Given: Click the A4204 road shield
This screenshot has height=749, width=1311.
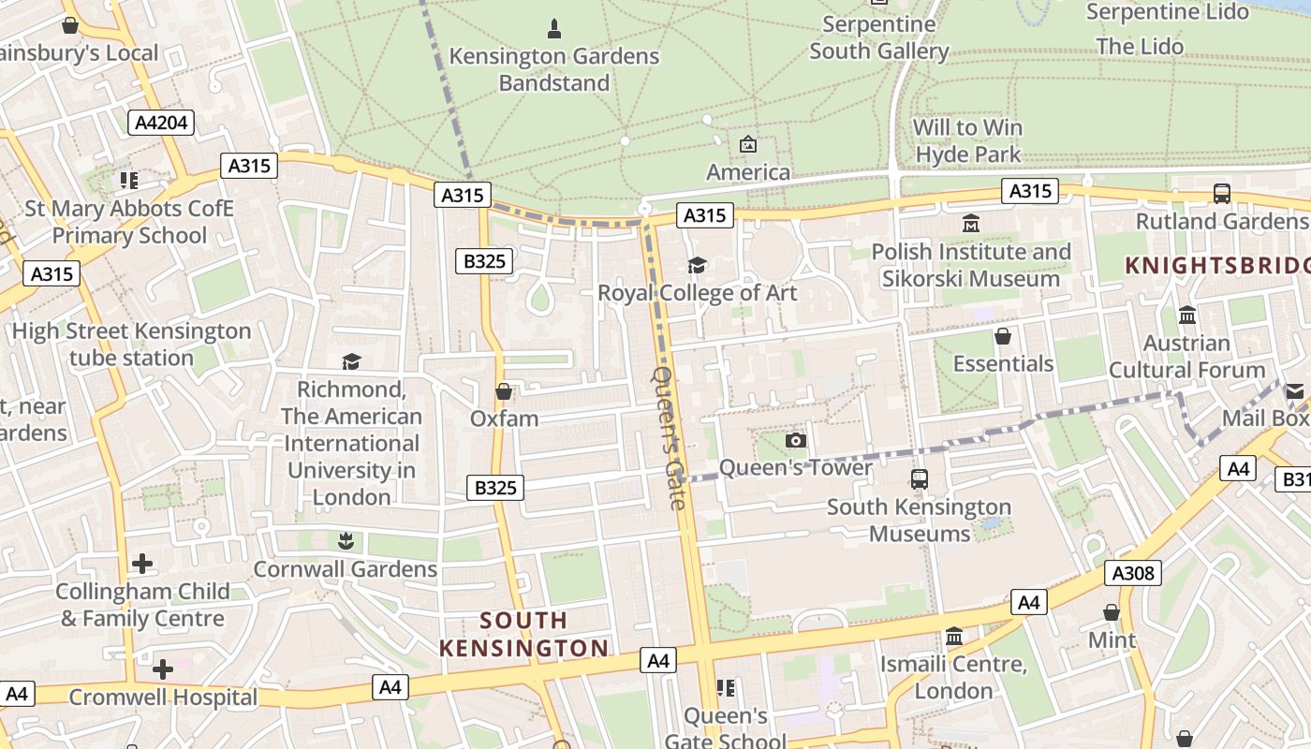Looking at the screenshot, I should [x=161, y=123].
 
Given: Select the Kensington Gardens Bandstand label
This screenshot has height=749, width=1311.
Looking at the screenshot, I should [x=553, y=69].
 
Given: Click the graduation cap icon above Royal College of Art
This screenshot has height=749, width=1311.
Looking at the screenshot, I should [x=697, y=266].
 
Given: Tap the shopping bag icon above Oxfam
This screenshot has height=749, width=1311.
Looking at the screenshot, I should [x=504, y=391].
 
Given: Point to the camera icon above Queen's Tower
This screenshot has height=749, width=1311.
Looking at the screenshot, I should [x=795, y=440].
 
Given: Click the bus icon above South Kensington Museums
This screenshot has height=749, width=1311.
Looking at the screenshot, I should [x=920, y=479].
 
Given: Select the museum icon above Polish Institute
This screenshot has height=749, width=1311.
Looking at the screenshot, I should [x=971, y=224].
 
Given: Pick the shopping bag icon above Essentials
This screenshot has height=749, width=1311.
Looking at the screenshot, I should [x=1003, y=336].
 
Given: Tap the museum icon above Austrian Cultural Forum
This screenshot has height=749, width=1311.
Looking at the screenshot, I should [x=1187, y=316].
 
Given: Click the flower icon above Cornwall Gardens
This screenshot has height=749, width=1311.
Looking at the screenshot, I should [x=346, y=541].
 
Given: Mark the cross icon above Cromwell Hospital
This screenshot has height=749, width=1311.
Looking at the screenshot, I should [x=163, y=669].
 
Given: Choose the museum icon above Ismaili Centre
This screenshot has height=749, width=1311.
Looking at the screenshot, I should [x=954, y=637].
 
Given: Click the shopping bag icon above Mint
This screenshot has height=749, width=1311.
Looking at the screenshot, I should [x=1112, y=612].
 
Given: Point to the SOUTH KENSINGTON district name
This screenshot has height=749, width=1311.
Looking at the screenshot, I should [x=524, y=634].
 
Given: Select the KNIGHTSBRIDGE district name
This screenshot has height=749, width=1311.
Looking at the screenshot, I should [x=1217, y=265].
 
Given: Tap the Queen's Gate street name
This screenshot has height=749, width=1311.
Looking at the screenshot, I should [x=669, y=437].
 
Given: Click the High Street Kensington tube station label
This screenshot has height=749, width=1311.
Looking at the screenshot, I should [x=131, y=345].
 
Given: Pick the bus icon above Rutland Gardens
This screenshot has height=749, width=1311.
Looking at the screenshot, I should [x=1222, y=194].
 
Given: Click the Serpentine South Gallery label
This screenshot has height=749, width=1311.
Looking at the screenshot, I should [x=879, y=37].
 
